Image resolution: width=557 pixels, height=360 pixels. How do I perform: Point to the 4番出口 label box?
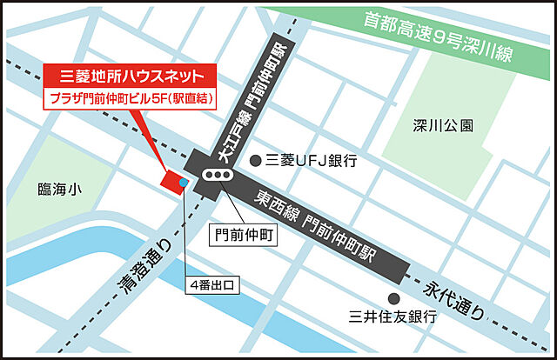coord(212,284)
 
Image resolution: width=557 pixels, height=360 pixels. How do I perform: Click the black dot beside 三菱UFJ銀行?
coord(255,160)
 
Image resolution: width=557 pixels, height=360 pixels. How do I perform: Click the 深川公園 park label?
coord(444,126)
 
